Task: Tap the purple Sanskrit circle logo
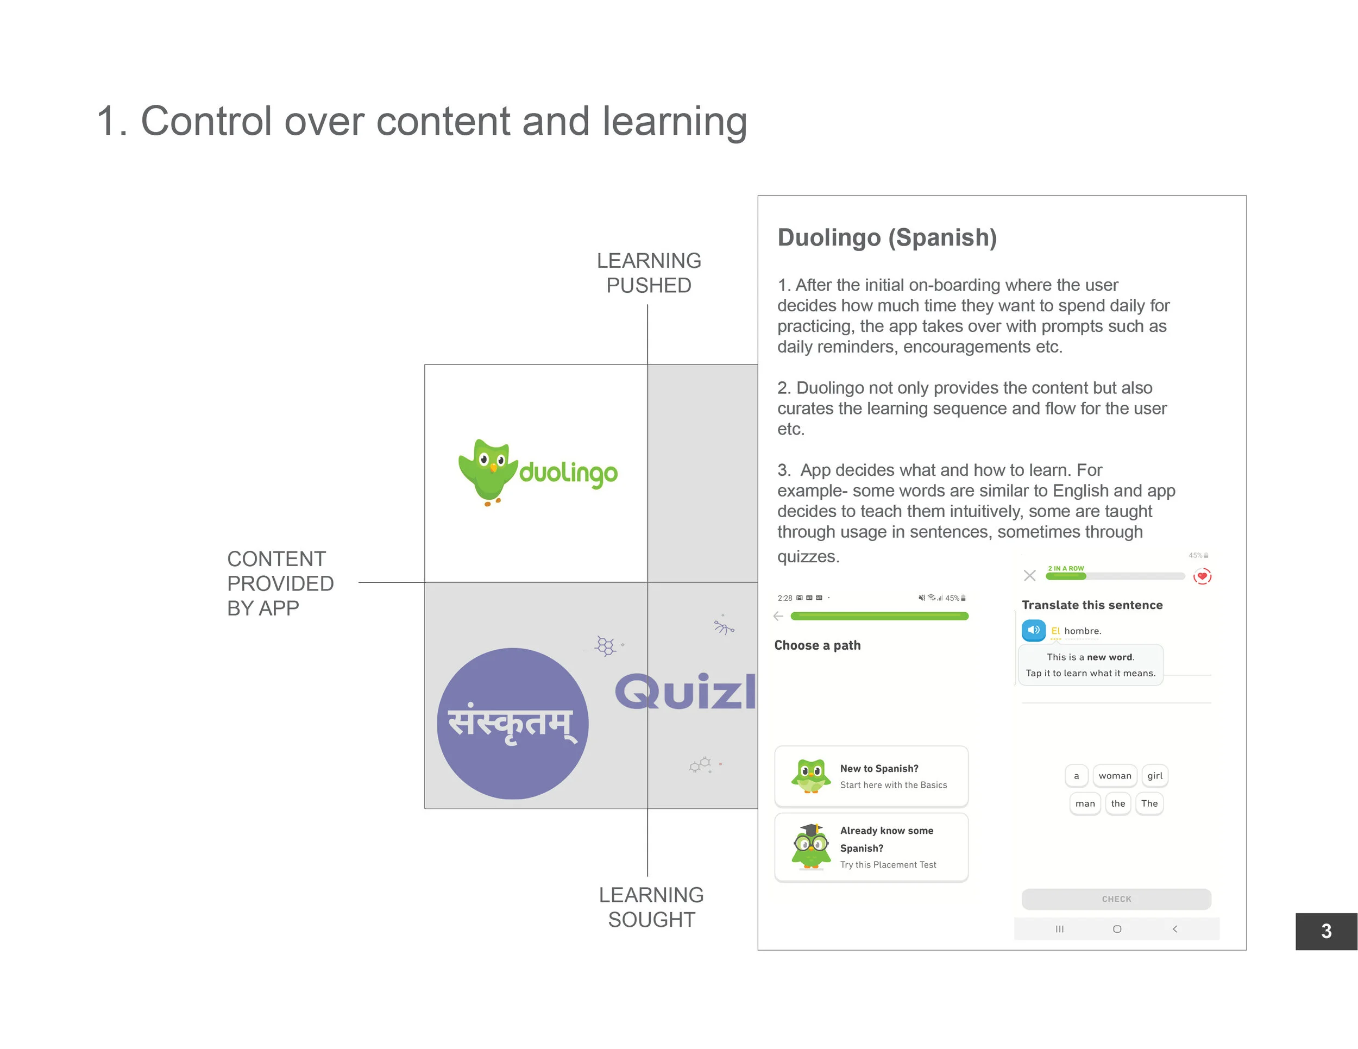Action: (512, 723)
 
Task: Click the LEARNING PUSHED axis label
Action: (649, 272)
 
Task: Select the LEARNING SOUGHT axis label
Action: (651, 907)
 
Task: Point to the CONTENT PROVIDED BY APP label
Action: (280, 583)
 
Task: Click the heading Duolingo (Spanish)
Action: (887, 237)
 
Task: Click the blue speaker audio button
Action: (1033, 630)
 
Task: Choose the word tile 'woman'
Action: (1114, 775)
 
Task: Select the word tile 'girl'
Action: (1155, 775)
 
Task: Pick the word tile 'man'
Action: (1085, 803)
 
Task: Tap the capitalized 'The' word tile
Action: (1149, 803)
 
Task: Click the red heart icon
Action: (1202, 576)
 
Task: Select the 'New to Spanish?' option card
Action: (871, 776)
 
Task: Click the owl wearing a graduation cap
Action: (811, 846)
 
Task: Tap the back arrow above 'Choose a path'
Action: (778, 616)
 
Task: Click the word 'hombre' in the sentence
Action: (1082, 631)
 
